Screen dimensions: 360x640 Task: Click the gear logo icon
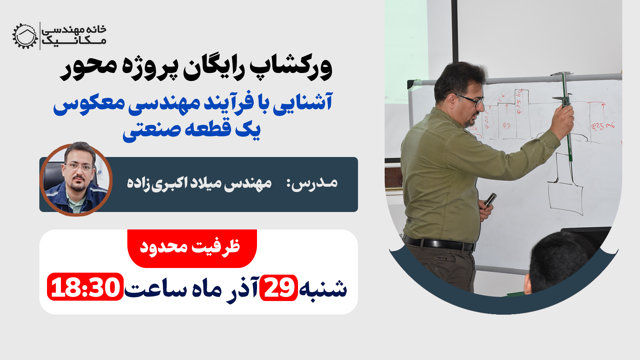point(25,36)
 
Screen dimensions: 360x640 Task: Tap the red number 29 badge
point(278,288)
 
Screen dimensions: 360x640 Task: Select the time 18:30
point(85,287)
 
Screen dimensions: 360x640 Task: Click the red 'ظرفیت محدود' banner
point(192,247)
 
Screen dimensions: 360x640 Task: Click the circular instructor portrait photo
point(76,180)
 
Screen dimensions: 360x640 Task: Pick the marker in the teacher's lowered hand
point(490,200)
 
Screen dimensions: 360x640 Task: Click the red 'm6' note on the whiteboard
point(610,126)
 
